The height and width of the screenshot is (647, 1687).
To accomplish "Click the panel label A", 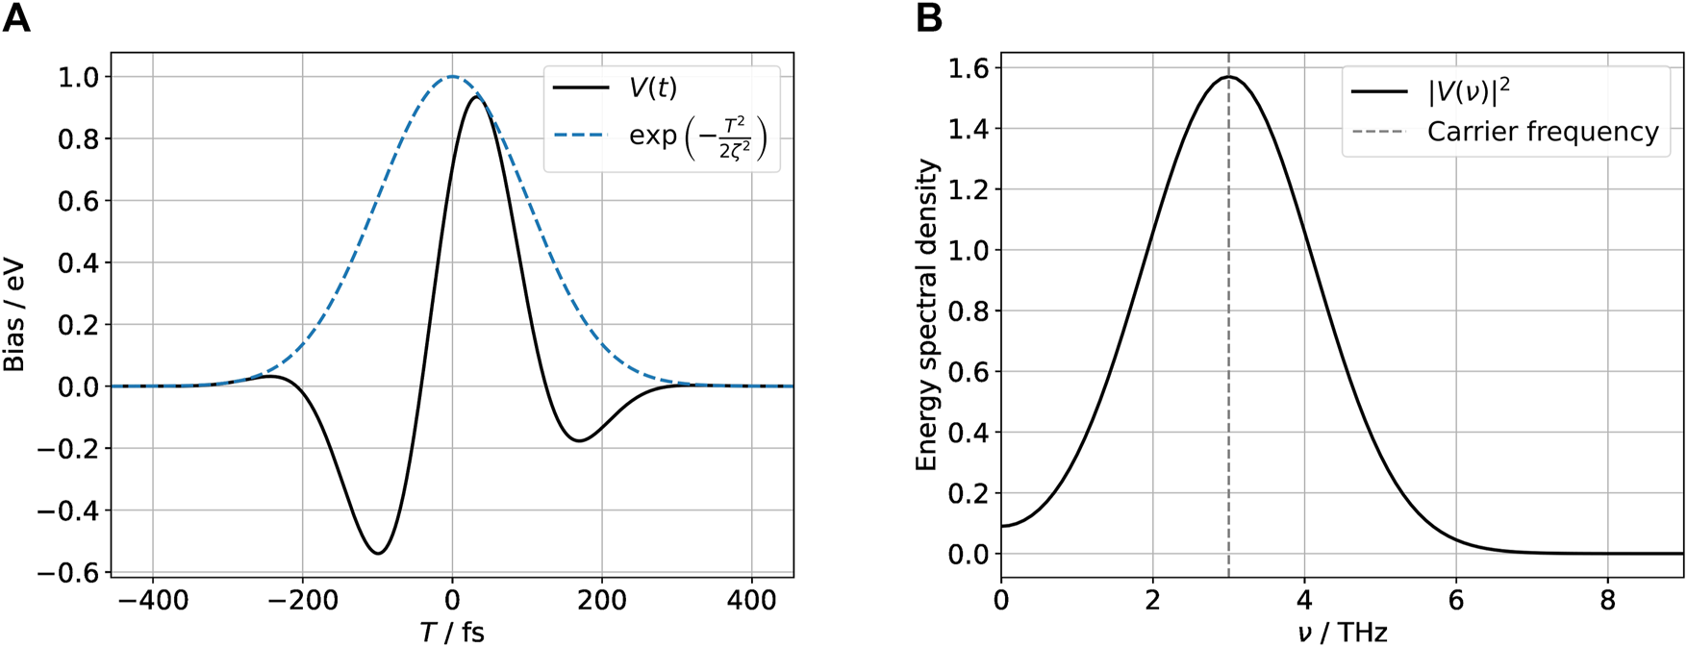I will [16, 18].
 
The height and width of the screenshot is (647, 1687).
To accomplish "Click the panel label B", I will [929, 18].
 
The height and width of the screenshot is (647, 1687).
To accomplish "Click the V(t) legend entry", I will [652, 88].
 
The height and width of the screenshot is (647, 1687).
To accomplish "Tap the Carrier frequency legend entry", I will [1542, 132].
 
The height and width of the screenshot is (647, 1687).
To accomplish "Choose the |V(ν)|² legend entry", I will [1469, 91].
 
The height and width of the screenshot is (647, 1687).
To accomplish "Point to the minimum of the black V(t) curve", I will [378, 553].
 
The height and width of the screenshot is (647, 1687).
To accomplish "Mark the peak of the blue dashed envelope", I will [452, 77].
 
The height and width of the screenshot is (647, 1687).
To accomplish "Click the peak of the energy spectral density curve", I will [1228, 77].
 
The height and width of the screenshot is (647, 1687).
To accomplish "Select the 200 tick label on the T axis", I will [602, 601].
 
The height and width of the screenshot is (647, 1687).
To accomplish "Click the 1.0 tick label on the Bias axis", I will [78, 77].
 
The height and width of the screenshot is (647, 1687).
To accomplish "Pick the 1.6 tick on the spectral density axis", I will [969, 67].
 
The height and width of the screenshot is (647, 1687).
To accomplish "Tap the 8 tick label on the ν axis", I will [1607, 601].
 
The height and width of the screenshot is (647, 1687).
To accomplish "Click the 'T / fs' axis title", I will [452, 632].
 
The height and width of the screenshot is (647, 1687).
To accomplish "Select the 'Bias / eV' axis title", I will [14, 315].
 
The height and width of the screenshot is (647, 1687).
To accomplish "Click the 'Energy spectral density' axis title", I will [926, 315].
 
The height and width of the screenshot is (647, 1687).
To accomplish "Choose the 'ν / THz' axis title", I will [1342, 632].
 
